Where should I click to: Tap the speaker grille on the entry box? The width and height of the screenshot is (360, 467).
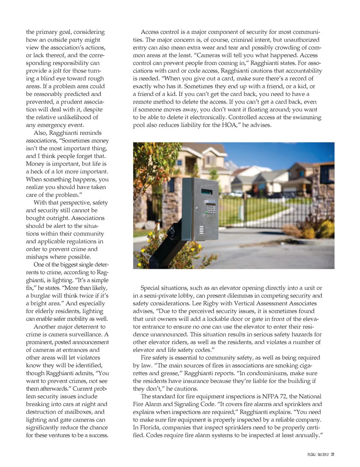[201, 230]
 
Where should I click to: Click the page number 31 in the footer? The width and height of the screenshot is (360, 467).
[332, 454]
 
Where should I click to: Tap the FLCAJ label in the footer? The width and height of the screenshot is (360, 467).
[311, 454]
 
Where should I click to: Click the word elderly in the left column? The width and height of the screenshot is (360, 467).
[47, 311]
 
